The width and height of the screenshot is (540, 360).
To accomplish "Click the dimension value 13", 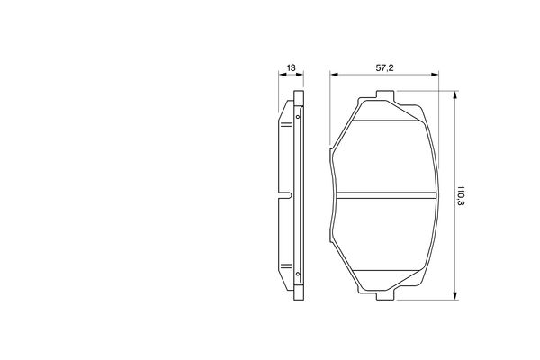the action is coord(291,67).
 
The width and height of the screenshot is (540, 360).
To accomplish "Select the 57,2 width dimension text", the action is coord(384,67).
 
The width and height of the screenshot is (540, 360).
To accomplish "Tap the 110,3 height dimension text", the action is coord(461,195).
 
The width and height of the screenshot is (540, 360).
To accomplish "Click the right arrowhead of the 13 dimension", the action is coord(300,74).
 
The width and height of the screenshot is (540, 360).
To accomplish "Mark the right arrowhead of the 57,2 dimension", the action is coord(435,74).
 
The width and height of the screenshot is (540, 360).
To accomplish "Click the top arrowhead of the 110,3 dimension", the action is coord(455,95).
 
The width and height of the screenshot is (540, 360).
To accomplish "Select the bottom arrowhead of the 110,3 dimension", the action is coord(455,295).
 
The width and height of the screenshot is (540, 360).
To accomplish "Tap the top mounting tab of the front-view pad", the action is coord(385,95).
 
